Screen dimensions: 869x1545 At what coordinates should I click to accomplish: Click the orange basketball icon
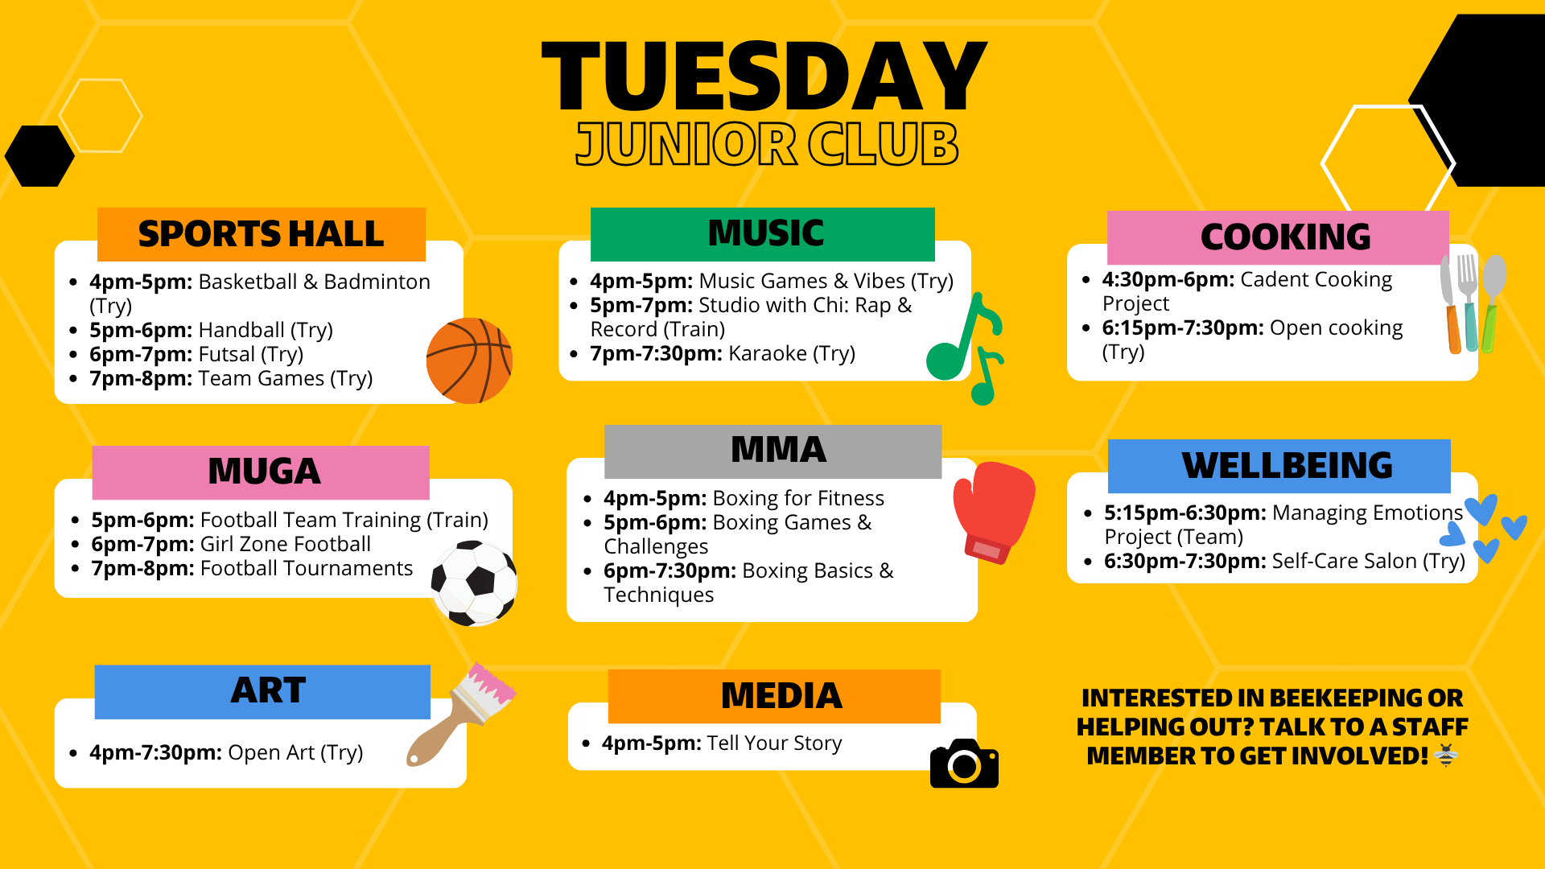click(x=469, y=360)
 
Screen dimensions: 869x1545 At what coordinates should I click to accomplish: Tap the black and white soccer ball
click(x=474, y=583)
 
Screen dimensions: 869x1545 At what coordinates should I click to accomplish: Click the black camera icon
click(x=964, y=764)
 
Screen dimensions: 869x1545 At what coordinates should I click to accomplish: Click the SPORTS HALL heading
click(x=261, y=234)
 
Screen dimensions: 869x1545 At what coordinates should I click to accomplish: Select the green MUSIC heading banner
click(x=763, y=234)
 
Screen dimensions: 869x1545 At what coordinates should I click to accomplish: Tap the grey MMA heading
click(x=772, y=451)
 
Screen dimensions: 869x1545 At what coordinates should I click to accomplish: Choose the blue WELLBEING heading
click(x=1286, y=466)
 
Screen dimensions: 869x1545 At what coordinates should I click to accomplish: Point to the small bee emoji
click(x=1446, y=756)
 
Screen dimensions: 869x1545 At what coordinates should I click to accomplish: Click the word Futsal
click(x=226, y=355)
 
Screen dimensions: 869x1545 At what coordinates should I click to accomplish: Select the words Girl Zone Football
click(x=286, y=545)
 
